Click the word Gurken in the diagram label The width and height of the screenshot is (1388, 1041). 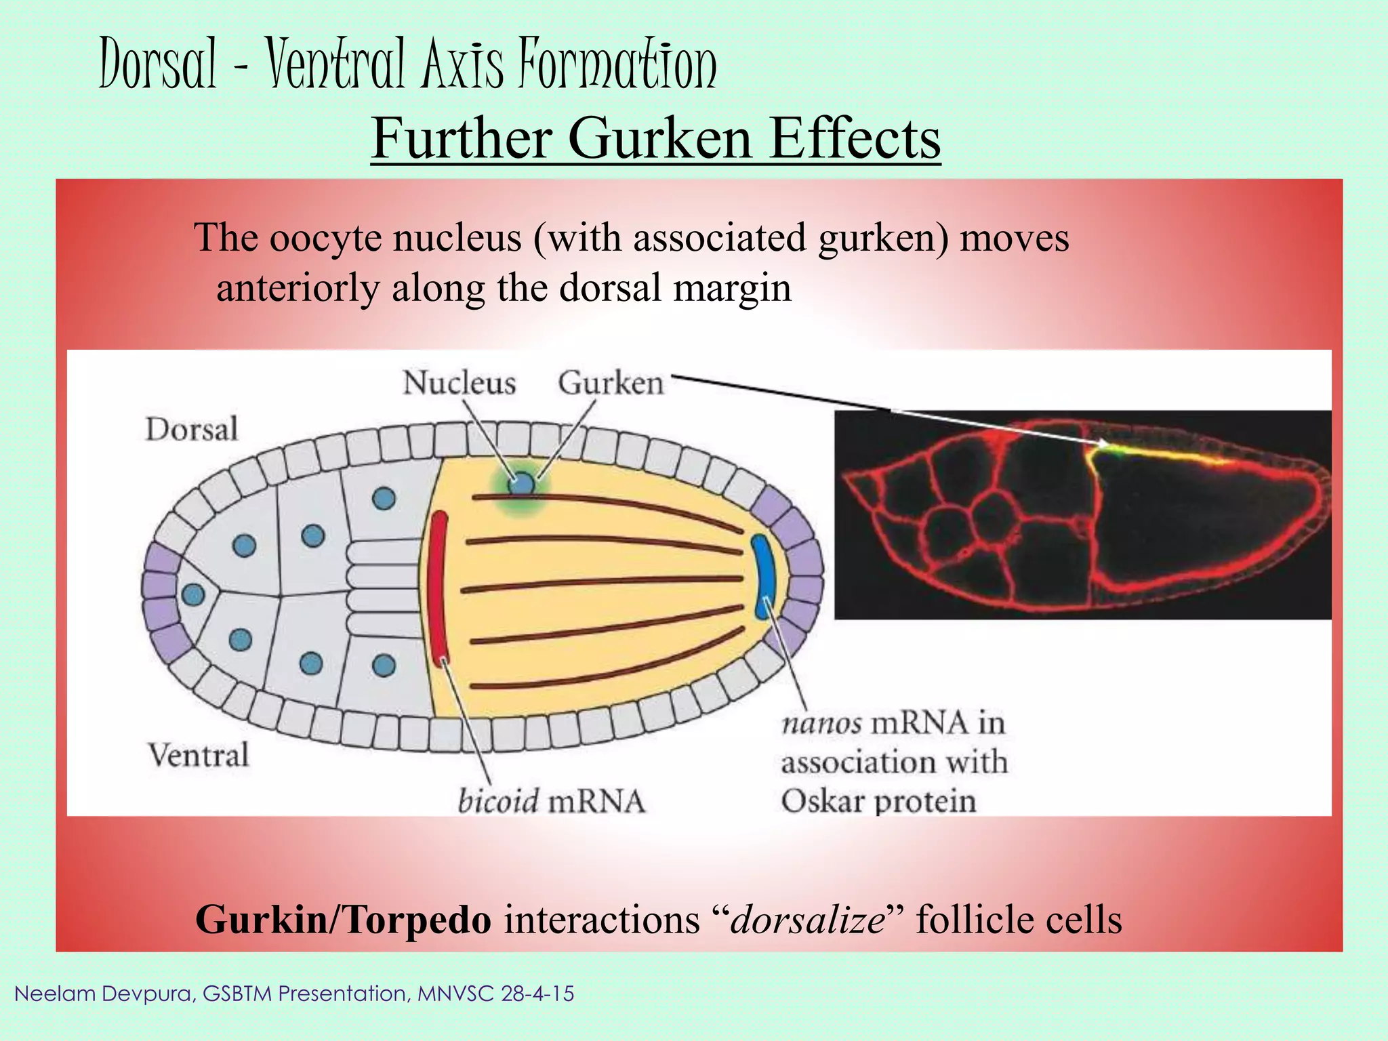pos(611,384)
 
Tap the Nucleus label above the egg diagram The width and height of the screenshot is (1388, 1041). pos(460,383)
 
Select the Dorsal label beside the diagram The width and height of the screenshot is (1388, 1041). pos(192,429)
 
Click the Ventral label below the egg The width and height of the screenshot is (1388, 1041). pos(199,755)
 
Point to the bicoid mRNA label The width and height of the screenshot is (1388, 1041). pos(551,801)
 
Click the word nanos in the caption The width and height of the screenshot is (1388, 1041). pos(821,723)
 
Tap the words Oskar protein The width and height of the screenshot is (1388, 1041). pos(878,801)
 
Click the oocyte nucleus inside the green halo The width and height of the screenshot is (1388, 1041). pos(521,484)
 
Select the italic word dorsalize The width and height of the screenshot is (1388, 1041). pos(807,920)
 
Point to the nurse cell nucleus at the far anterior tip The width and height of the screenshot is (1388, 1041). pos(193,595)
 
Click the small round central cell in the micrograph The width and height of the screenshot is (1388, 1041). pos(993,512)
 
